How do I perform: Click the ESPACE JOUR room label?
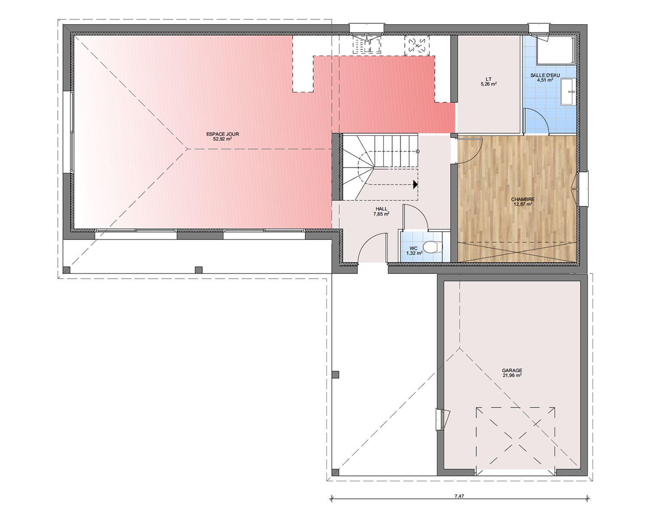click(x=223, y=134)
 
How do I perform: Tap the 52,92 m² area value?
click(x=222, y=139)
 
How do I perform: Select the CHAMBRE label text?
click(x=523, y=200)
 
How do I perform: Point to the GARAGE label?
click(x=512, y=371)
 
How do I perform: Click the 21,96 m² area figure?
click(x=512, y=375)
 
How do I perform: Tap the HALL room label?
click(x=381, y=209)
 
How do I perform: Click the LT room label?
click(x=488, y=80)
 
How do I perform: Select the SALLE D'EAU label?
click(x=545, y=75)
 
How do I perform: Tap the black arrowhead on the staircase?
click(x=415, y=184)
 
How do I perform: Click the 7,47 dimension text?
click(x=459, y=496)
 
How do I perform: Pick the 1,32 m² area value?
click(x=414, y=253)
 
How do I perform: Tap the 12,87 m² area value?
click(x=523, y=204)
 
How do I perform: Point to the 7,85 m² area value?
click(x=381, y=214)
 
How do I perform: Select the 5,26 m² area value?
click(x=488, y=84)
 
